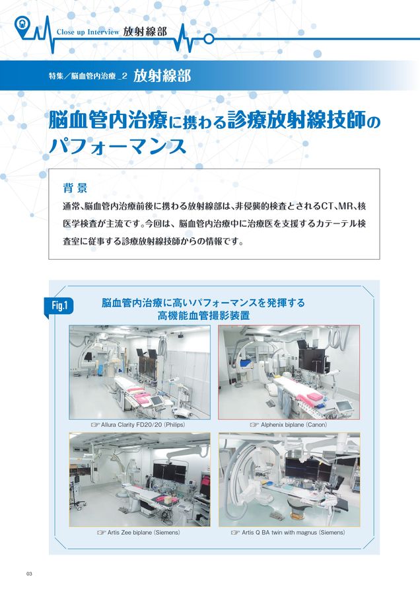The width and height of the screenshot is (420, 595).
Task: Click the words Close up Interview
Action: (x=88, y=32)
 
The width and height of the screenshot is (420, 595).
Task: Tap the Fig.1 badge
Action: (x=59, y=306)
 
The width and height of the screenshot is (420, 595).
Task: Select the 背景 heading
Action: (x=75, y=188)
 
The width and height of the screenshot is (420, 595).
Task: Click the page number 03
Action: (x=29, y=573)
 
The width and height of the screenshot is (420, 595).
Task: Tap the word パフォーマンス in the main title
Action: (x=118, y=145)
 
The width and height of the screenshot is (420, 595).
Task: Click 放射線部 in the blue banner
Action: (x=162, y=76)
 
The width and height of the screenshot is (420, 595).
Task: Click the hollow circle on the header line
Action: (x=209, y=38)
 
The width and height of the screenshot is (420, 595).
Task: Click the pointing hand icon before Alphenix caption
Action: (x=254, y=425)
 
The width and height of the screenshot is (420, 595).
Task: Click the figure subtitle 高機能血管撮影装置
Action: (x=203, y=316)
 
